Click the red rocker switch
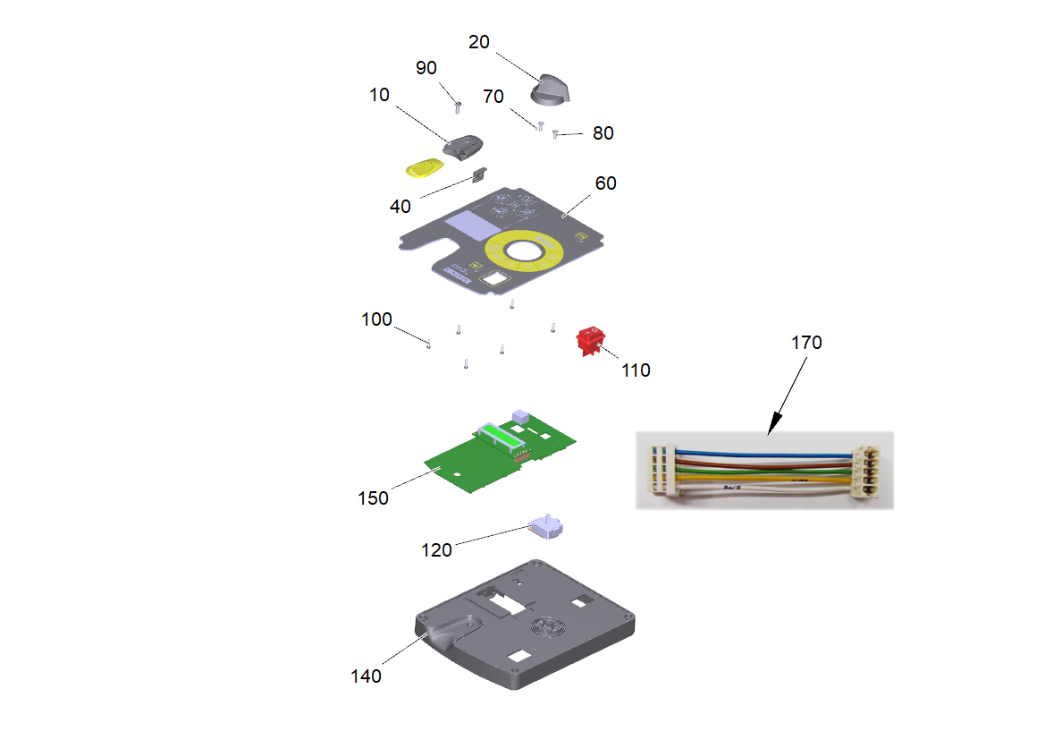pos(590,340)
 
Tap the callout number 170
pos(806,343)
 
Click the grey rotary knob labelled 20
pos(551,90)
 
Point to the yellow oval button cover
pos(425,167)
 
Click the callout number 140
pos(366,676)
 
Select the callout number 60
pos(605,183)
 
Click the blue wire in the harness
pos(763,455)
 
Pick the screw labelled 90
pos(458,106)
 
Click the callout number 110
pos(636,370)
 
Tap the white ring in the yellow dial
pos(524,251)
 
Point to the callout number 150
pos(374,498)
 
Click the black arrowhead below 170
pos(775,423)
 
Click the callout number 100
pos(376,319)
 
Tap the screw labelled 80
pos(555,135)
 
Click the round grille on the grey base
pos(549,626)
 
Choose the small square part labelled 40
pos(479,175)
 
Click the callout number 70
pos(493,97)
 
